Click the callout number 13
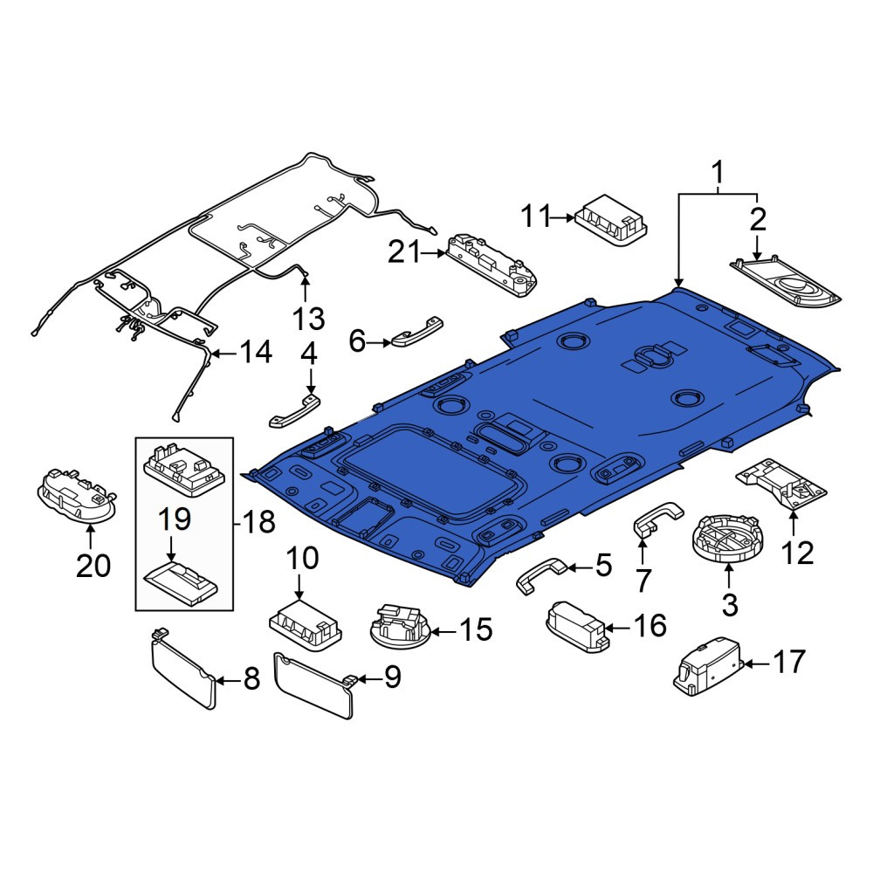308,319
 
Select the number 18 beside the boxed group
259,522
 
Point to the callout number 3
729,604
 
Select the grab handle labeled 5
541,575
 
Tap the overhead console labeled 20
77,496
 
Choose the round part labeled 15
401,627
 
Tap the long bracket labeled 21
491,264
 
